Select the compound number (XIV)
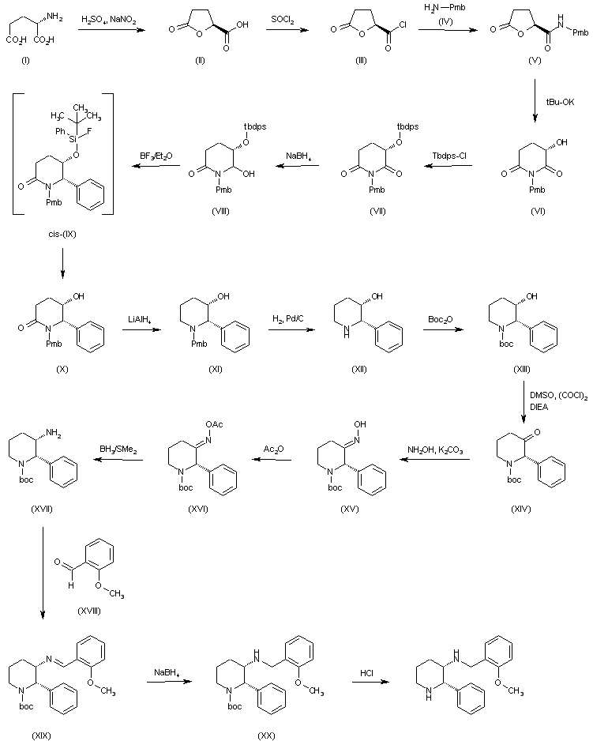point(521,510)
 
